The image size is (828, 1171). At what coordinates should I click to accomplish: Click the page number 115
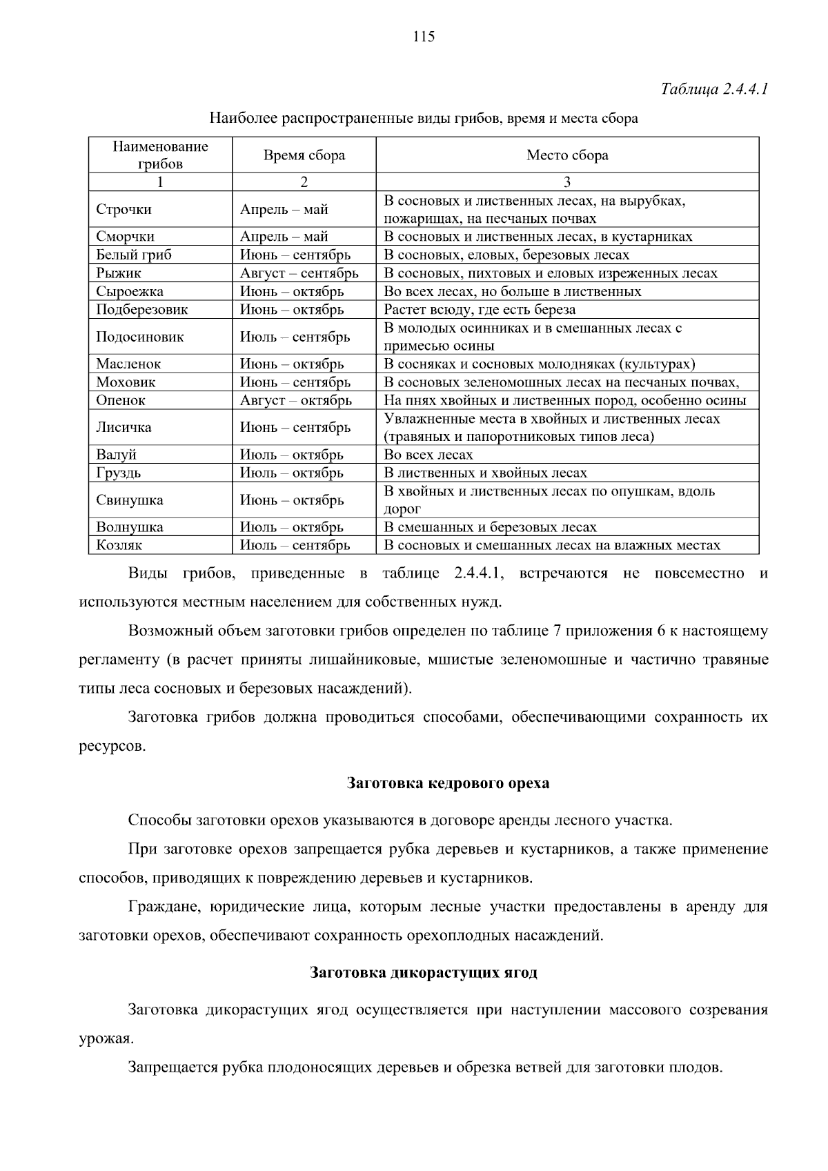[x=423, y=37]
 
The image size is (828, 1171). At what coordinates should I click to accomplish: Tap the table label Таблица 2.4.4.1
[x=714, y=89]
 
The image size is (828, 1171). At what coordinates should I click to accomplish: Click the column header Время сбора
[x=304, y=156]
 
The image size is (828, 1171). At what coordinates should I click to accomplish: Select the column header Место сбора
[x=567, y=156]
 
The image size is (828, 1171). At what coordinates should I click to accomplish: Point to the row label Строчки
[x=124, y=210]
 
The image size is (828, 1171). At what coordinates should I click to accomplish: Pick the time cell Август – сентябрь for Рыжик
[x=299, y=273]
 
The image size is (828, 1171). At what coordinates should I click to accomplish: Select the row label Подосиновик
[x=140, y=337]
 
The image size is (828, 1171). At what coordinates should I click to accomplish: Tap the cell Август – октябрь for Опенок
[x=295, y=400]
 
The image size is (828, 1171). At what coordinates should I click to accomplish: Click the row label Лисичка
[x=124, y=427]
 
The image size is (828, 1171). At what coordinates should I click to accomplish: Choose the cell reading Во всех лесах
[x=428, y=455]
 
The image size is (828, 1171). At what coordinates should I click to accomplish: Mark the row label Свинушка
[x=130, y=500]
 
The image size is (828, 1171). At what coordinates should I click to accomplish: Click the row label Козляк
[x=119, y=545]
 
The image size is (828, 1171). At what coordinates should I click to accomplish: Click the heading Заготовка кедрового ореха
[x=448, y=783]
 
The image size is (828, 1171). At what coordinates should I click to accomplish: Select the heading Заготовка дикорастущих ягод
[x=423, y=973]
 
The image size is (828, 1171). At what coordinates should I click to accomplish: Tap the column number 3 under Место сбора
[x=567, y=182]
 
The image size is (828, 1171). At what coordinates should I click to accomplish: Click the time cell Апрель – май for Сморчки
[x=284, y=237]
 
